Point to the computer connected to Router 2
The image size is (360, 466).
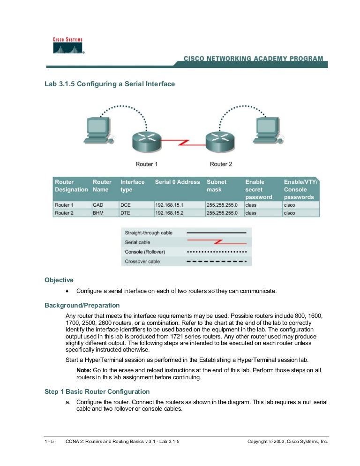tap(267, 130)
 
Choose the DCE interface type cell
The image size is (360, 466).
tap(126, 205)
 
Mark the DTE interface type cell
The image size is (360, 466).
tap(126, 213)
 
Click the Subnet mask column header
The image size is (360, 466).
tap(217, 186)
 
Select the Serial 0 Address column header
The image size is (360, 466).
tap(177, 182)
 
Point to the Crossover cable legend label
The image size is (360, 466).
tap(142, 261)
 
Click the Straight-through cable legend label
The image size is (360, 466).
tap(149, 233)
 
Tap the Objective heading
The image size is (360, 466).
tap(59, 280)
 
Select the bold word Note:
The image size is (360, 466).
tap(84, 370)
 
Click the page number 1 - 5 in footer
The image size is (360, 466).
tap(49, 442)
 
